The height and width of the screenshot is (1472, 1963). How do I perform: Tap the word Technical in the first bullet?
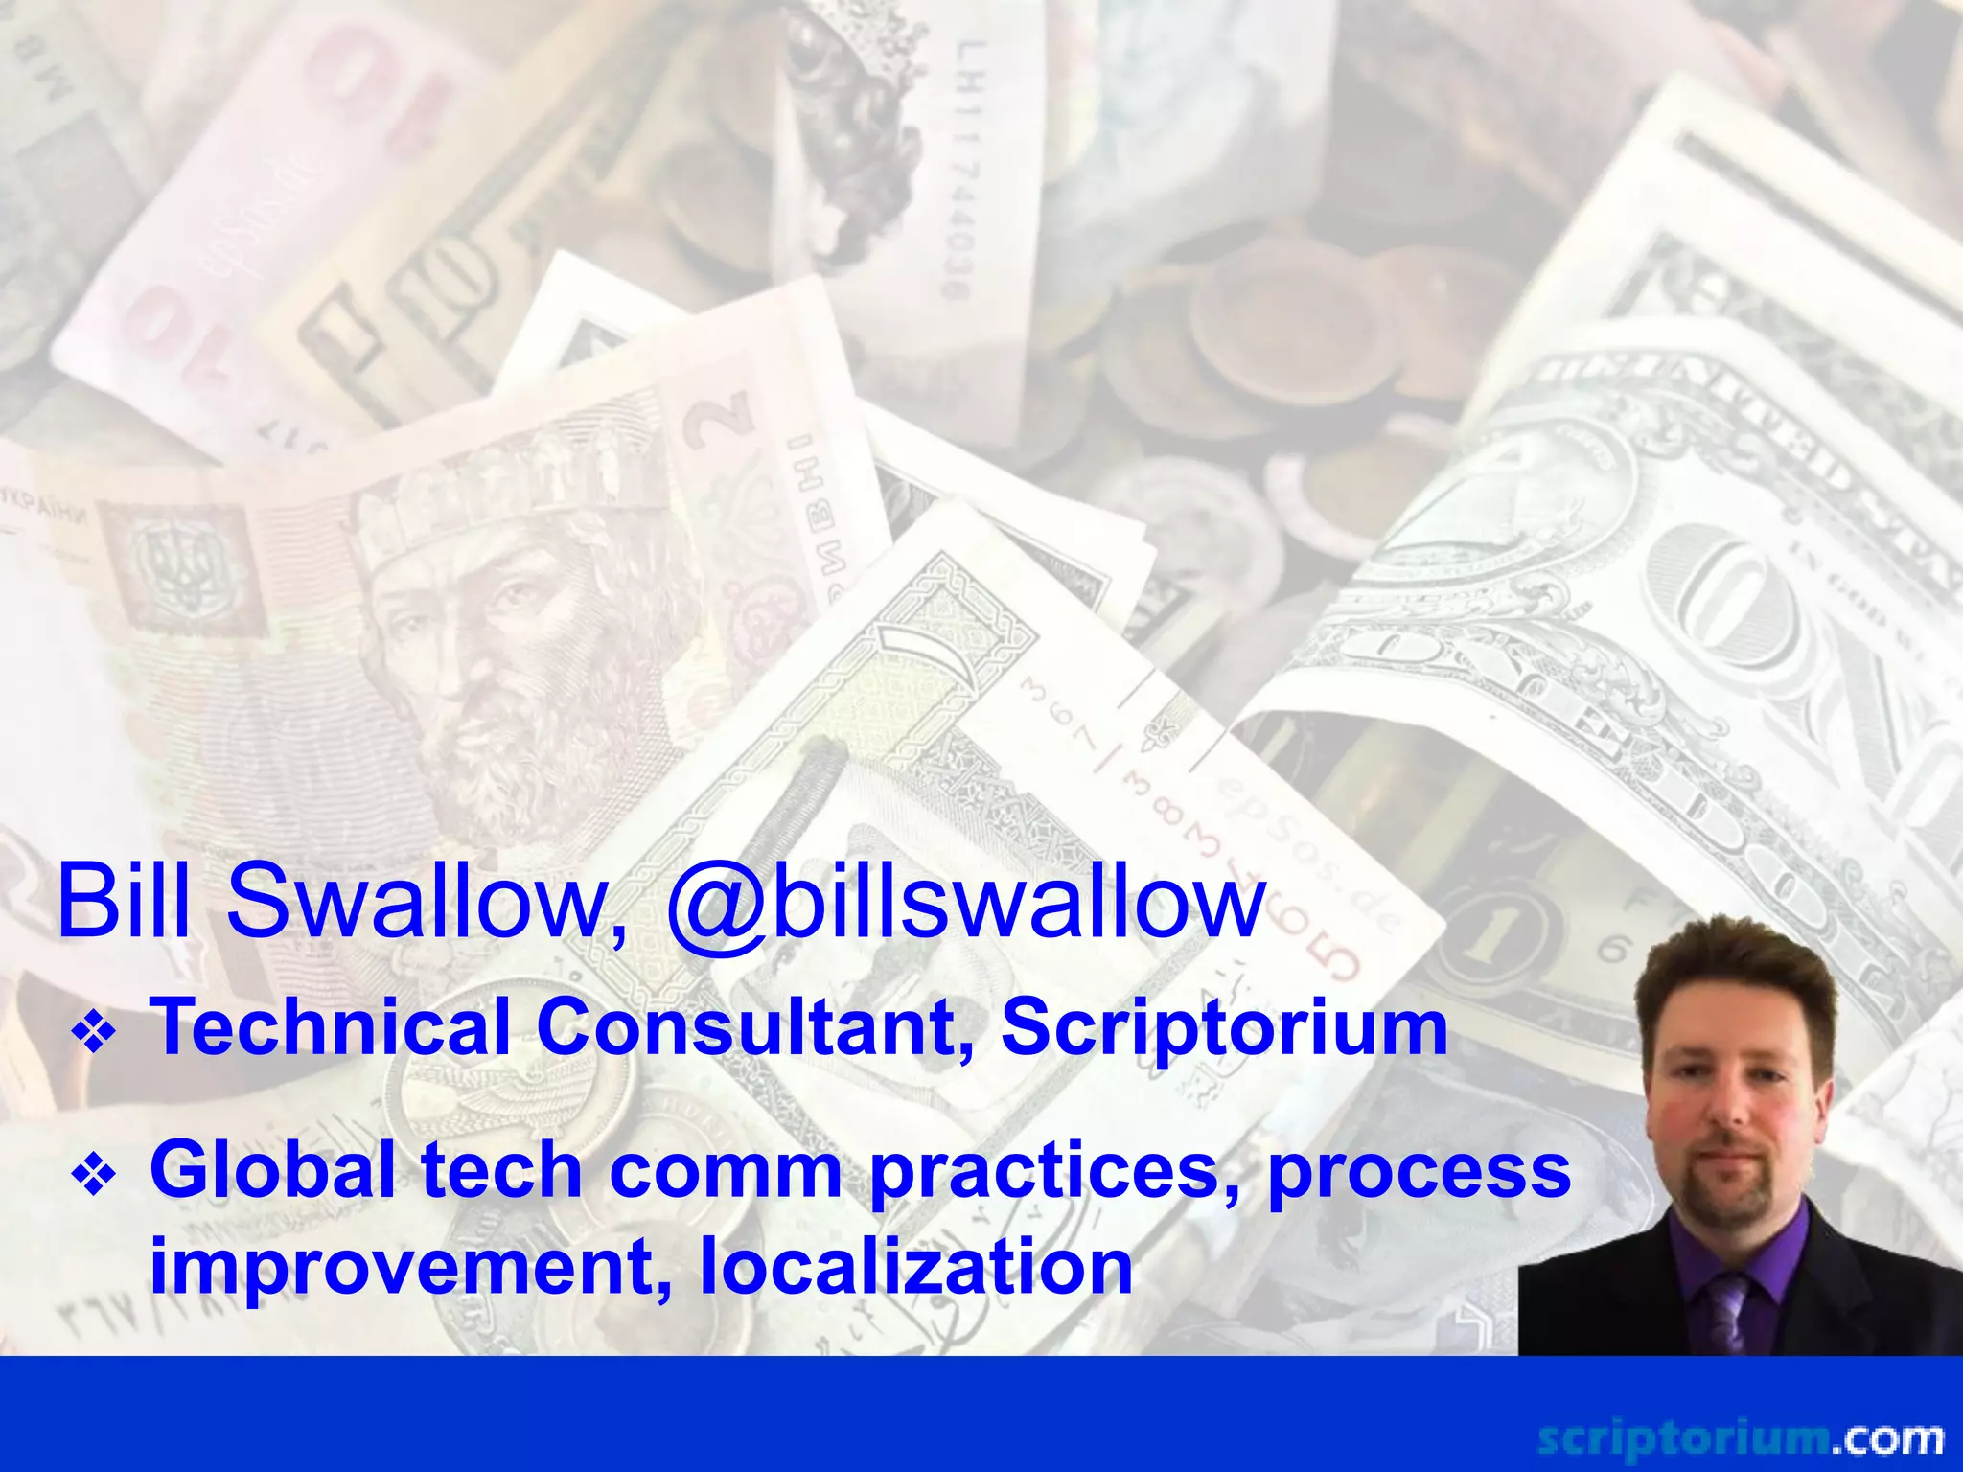[x=331, y=1026]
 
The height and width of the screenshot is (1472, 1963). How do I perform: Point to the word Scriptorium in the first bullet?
[x=1224, y=1026]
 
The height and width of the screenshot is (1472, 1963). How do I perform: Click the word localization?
[x=916, y=1266]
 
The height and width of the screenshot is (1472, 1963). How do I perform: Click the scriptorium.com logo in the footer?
[x=1740, y=1438]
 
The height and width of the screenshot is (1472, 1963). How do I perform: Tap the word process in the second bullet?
[x=1419, y=1170]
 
